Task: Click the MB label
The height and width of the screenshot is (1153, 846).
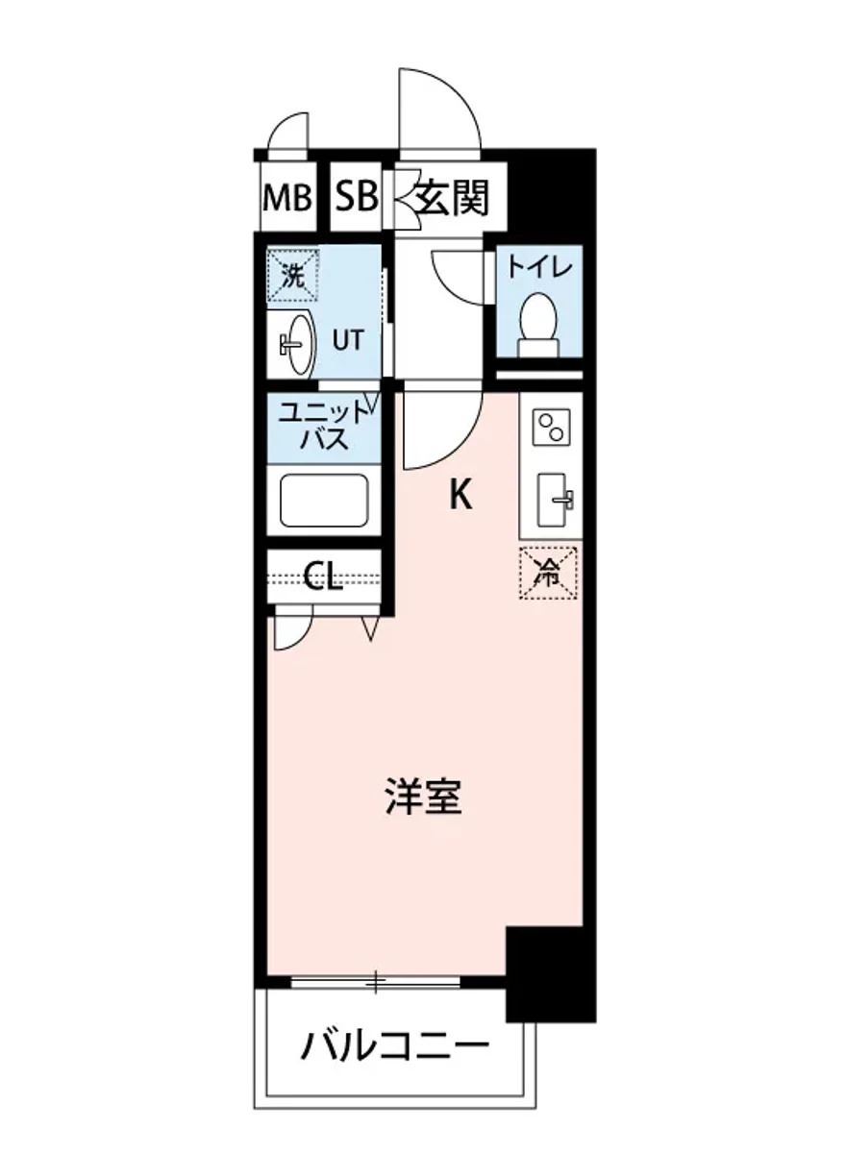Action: point(287,199)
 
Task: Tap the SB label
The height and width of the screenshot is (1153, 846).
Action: point(356,199)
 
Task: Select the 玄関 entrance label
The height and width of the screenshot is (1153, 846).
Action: point(453,199)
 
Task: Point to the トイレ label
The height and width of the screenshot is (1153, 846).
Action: point(540,266)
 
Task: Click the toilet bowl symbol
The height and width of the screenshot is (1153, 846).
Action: point(538,317)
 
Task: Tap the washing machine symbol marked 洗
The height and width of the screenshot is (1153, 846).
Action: point(292,276)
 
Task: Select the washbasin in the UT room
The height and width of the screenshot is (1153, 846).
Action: point(297,343)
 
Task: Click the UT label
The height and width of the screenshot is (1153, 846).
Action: point(348,339)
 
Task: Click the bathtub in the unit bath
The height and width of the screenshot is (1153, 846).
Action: point(324,501)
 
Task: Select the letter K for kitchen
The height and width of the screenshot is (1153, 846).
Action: point(461,496)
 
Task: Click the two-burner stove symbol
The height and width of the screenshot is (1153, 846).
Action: point(552,428)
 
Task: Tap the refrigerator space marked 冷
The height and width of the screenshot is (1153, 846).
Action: point(548,574)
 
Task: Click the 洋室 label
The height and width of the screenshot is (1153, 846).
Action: point(423,797)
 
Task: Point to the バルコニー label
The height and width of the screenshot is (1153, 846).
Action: point(392,1044)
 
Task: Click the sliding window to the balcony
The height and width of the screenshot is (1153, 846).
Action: point(376,982)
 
